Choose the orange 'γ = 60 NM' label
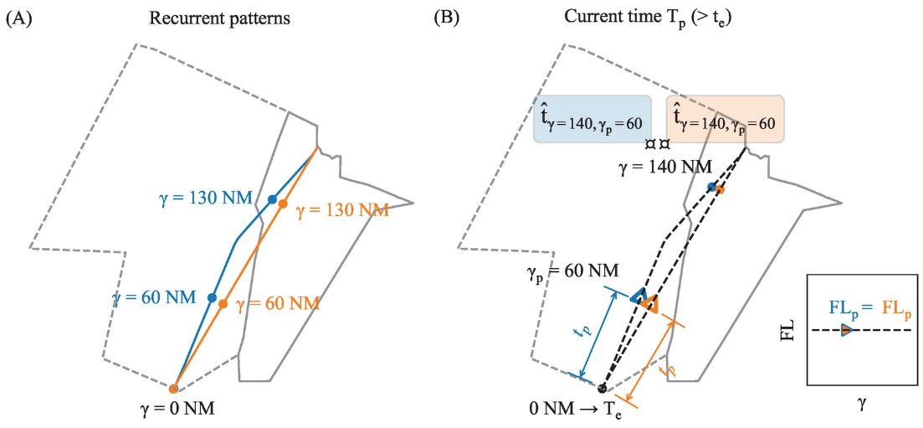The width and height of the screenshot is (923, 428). [278, 303]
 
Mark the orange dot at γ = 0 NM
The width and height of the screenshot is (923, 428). [173, 389]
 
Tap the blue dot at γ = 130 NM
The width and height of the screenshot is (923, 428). [272, 199]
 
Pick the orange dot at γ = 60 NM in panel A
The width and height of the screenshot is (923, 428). [223, 303]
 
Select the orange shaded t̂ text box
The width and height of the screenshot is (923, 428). [725, 119]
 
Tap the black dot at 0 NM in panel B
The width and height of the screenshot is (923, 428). [601, 387]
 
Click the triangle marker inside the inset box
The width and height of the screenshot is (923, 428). [846, 330]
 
